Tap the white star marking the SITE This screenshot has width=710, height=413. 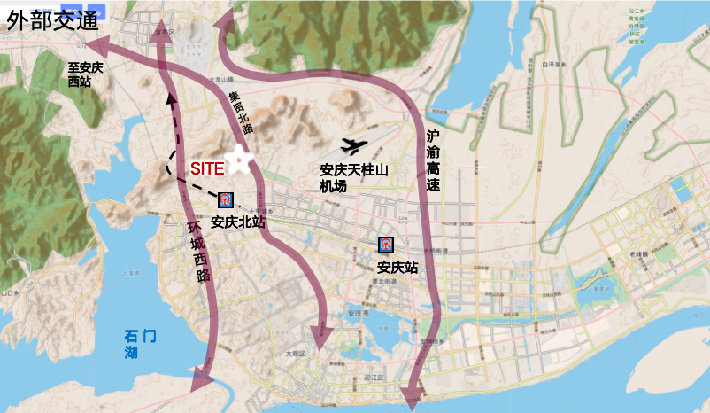click(238, 160)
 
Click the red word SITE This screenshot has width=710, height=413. click(207, 168)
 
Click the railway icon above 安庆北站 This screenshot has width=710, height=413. click(226, 200)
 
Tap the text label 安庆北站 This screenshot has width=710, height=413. click(239, 222)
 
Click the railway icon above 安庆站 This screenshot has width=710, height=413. click(386, 245)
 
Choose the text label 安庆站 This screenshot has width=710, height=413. click(397, 267)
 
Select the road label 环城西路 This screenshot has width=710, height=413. click(198, 251)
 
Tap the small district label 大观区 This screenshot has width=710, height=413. click(294, 353)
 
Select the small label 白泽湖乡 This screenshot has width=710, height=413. click(553, 65)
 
